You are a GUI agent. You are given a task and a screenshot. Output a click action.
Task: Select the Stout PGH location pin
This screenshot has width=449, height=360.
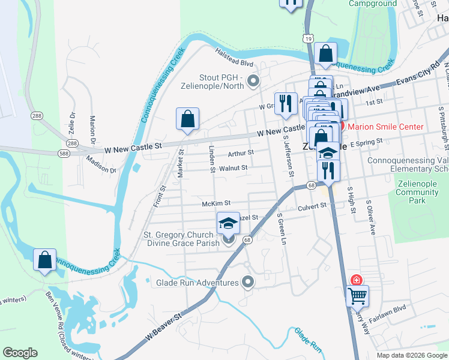[x=253, y=80]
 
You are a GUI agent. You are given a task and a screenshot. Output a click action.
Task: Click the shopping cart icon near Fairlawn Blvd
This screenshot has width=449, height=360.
[x=357, y=295]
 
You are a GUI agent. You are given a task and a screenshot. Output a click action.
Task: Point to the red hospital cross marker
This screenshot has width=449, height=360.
[x=357, y=280]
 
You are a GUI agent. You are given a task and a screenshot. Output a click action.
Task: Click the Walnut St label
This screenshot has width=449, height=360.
[x=234, y=168]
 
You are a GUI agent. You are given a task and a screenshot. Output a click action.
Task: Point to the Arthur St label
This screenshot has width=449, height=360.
[x=241, y=153]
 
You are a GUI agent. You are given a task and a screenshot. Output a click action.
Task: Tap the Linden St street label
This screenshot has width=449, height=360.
[x=212, y=159]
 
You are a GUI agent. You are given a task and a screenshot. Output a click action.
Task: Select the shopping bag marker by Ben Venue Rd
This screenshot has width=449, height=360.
[x=45, y=260]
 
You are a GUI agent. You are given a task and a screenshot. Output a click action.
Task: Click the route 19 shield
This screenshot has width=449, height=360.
[x=308, y=38]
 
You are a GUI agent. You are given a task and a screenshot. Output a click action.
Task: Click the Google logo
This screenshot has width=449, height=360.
[x=20, y=353]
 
